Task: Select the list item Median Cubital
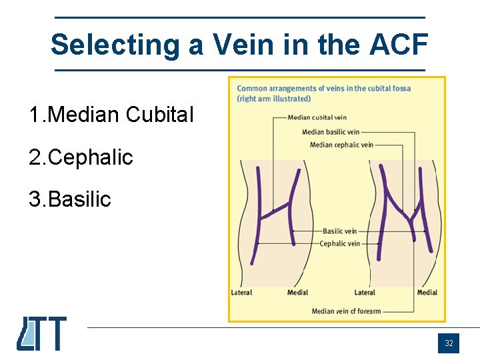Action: (x=111, y=115)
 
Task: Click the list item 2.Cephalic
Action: (x=81, y=157)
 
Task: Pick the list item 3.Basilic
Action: (x=70, y=199)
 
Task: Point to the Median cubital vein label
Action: (x=317, y=118)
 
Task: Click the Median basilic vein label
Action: (x=331, y=132)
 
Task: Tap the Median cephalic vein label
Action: (x=341, y=145)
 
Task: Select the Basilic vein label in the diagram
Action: (x=339, y=231)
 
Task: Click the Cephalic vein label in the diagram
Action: (x=339, y=243)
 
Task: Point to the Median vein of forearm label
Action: (x=346, y=311)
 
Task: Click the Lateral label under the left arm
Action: (x=241, y=293)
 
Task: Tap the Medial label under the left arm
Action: (x=297, y=293)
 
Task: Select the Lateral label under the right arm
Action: (x=365, y=293)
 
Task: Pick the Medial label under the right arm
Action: (x=427, y=293)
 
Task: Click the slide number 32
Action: (x=449, y=343)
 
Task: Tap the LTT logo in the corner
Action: (x=42, y=333)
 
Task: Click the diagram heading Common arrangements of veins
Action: (x=324, y=88)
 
